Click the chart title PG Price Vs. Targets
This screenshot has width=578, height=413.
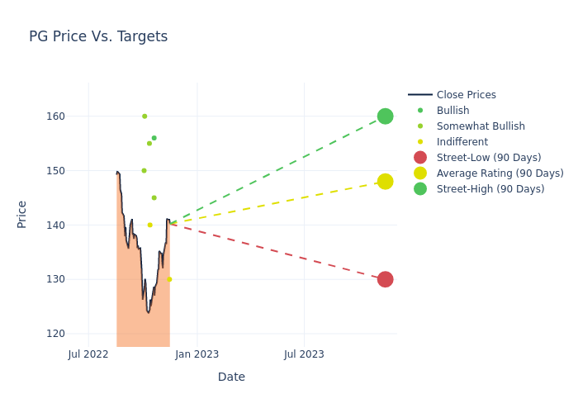point(98,36)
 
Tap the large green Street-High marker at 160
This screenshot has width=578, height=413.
point(385,116)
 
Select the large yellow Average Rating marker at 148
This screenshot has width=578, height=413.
point(385,182)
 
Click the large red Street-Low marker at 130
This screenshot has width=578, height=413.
point(385,279)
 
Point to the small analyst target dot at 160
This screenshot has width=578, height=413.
point(144,116)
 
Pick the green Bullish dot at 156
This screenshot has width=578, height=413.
point(154,138)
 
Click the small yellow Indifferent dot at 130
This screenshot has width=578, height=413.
point(169,279)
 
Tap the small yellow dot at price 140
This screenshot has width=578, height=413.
point(149,225)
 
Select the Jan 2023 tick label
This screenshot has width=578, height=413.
point(197,354)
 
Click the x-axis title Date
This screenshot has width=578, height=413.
point(231,377)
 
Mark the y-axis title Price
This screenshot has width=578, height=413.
point(22,215)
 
